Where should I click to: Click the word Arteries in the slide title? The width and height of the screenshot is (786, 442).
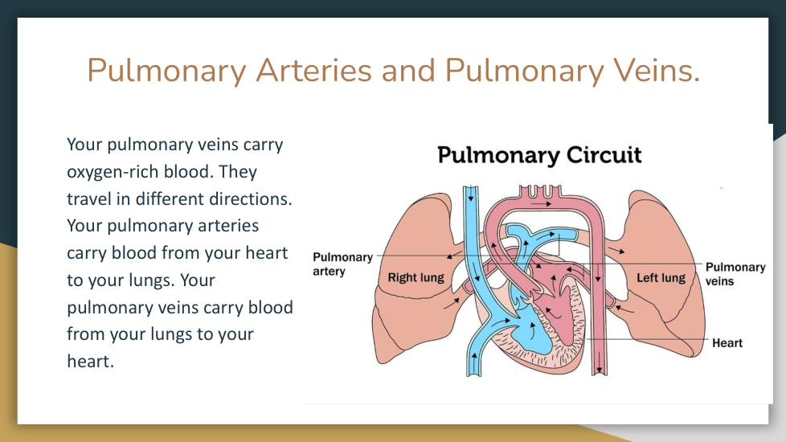[x=313, y=70]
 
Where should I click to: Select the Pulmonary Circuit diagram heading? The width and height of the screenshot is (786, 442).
[x=539, y=155]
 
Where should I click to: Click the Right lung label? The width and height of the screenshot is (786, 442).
[x=416, y=277]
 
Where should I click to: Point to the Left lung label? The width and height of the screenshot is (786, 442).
[x=661, y=277]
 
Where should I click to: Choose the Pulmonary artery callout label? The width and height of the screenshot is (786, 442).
[x=343, y=264]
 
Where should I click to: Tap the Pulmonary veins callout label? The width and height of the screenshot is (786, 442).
[x=735, y=274]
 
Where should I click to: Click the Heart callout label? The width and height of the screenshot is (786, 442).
[x=727, y=343]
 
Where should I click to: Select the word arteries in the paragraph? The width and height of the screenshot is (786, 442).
[x=228, y=226]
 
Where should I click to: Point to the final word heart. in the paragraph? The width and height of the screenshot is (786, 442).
[x=91, y=362]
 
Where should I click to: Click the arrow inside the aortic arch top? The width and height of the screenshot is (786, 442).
[x=542, y=204]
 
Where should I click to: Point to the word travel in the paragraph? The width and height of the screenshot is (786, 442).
[x=89, y=199]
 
